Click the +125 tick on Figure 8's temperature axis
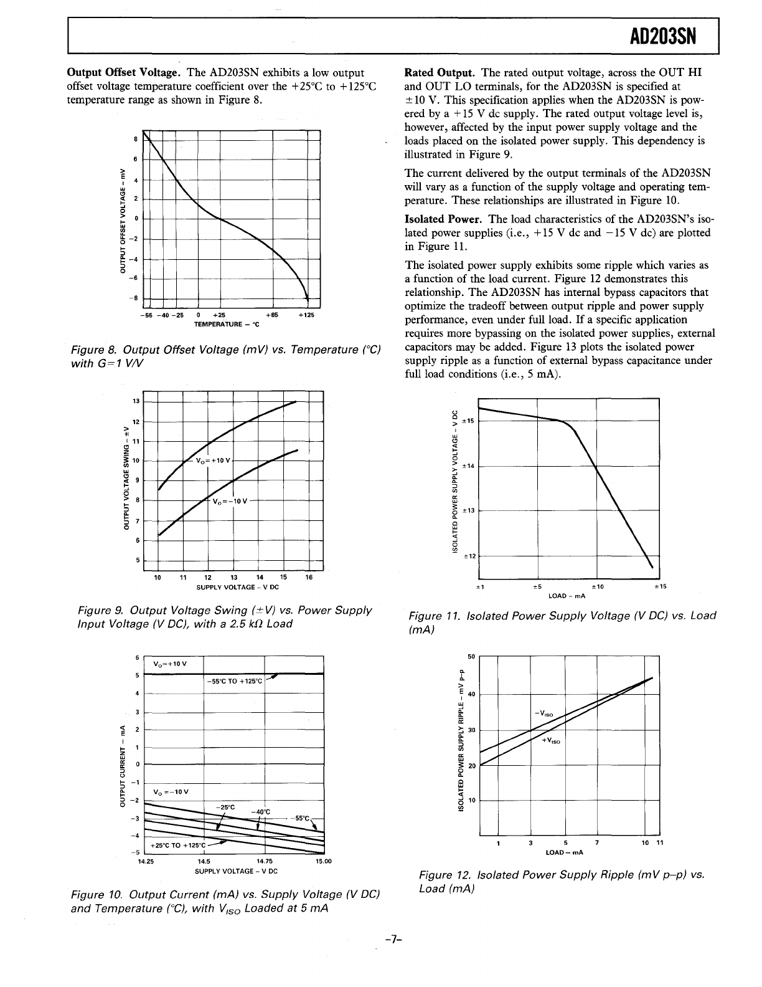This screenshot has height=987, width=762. [306, 315]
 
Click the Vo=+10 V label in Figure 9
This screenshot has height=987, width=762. [212, 461]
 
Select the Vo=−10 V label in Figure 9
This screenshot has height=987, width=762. [230, 502]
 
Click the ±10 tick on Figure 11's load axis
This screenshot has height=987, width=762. [597, 586]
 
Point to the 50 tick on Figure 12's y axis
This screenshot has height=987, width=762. [471, 657]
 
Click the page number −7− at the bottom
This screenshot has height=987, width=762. [392, 939]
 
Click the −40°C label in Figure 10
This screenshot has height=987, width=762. [260, 811]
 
